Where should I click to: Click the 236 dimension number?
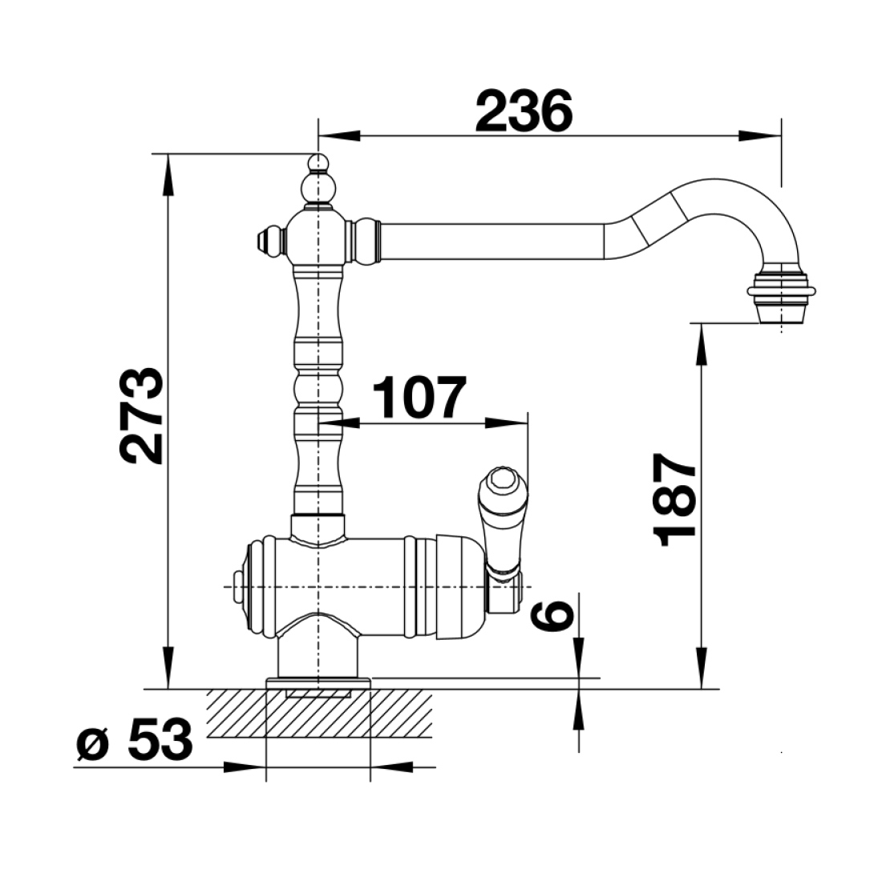tap(524, 111)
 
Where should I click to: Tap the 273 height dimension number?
tap(142, 416)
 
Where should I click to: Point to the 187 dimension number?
tap(674, 500)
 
